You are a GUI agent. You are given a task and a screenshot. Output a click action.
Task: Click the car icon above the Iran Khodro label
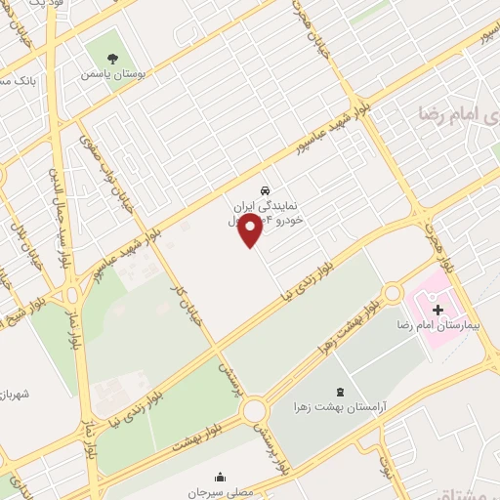tap(265, 188)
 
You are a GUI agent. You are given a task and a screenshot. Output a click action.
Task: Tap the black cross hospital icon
tap(438, 309)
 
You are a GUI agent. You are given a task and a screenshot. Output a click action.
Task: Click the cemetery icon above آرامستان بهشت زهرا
tap(340, 389)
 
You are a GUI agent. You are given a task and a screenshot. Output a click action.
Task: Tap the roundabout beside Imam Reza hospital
tap(393, 293)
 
